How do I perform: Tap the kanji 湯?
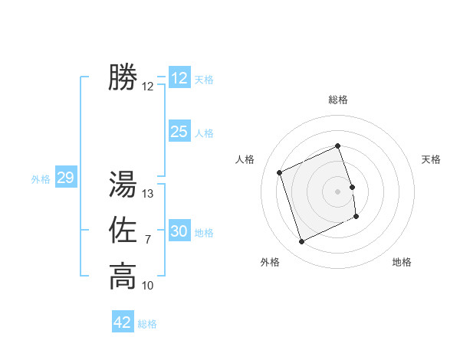click(123, 185)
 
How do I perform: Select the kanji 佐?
click(123, 231)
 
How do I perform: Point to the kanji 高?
click(123, 276)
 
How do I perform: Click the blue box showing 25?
click(179, 132)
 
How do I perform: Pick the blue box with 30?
click(179, 231)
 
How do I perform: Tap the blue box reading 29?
click(65, 178)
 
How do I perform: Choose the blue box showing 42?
click(123, 322)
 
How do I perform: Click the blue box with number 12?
click(179, 78)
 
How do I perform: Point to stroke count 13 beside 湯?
click(149, 194)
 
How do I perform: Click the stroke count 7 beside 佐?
click(148, 240)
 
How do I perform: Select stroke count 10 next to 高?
click(149, 286)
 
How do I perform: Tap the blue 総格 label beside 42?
click(147, 324)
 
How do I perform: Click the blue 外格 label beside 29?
click(41, 179)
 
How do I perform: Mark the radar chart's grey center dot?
click(337, 191)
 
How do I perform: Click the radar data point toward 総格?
click(337, 146)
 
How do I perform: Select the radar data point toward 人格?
click(280, 172)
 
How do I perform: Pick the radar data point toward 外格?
click(301, 242)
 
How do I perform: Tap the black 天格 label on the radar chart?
click(432, 159)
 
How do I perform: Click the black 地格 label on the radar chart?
click(402, 262)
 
